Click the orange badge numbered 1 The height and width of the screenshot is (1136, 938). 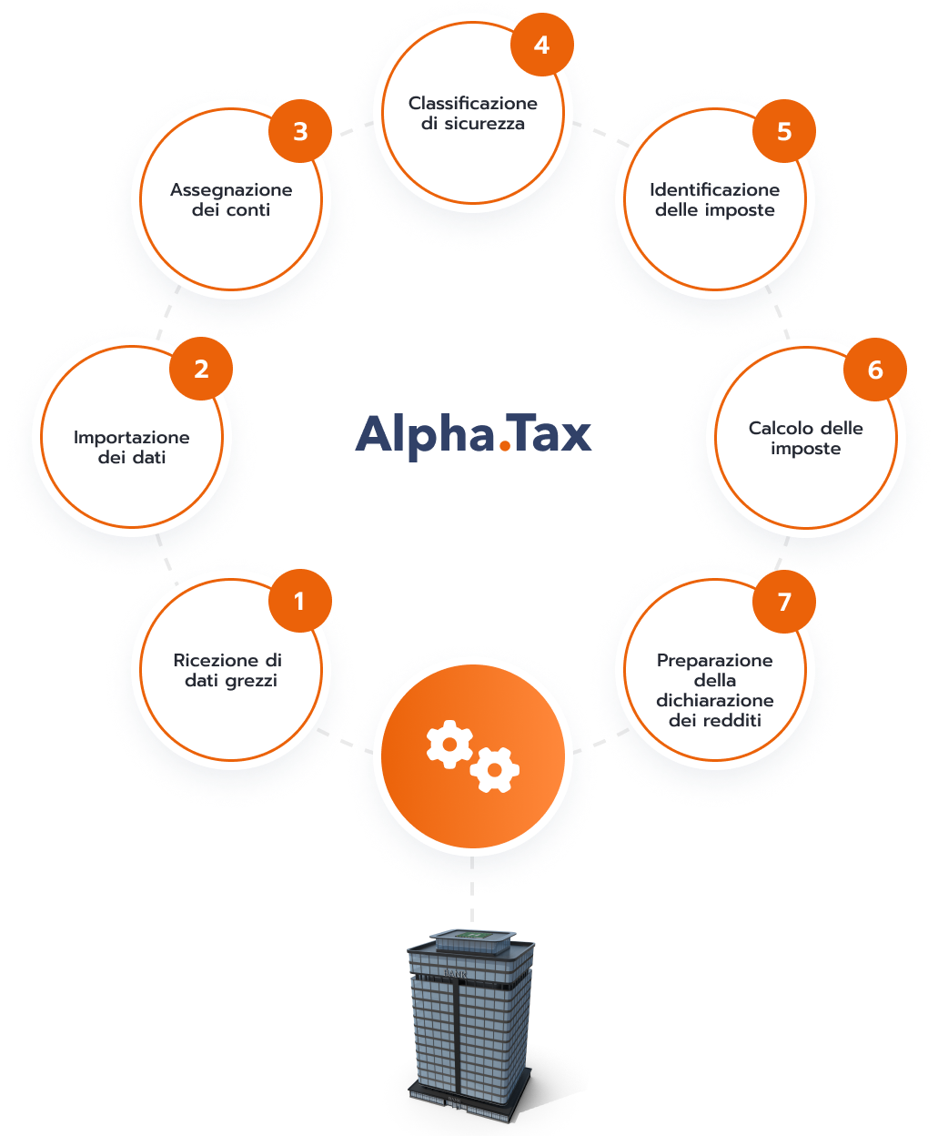pos(299,601)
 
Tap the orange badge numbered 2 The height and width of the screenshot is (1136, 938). pos(201,369)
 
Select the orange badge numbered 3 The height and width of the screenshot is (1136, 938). pos(300,131)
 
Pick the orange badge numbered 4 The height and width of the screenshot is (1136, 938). pos(541,45)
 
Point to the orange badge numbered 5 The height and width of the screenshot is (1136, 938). pos(783,131)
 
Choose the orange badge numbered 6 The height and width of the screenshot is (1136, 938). pos(874,370)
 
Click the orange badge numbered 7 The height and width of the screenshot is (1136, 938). pos(783,602)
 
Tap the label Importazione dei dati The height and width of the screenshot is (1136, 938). pos(132,447)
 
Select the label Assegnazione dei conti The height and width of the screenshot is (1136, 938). pos(231,199)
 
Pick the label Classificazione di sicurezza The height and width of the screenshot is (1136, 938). pos(472,113)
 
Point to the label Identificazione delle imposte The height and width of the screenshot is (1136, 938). pos(714,199)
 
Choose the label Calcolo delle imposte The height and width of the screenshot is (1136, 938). pos(805,438)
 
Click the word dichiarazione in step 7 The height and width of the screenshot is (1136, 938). pos(714,700)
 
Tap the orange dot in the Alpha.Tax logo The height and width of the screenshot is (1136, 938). pos(505,446)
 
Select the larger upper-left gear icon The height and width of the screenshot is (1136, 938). pos(449,744)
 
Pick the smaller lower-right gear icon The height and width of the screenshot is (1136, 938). pos(494,770)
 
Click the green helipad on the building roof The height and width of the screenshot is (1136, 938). pos(472,936)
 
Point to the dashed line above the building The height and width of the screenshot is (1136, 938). pos(471,890)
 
